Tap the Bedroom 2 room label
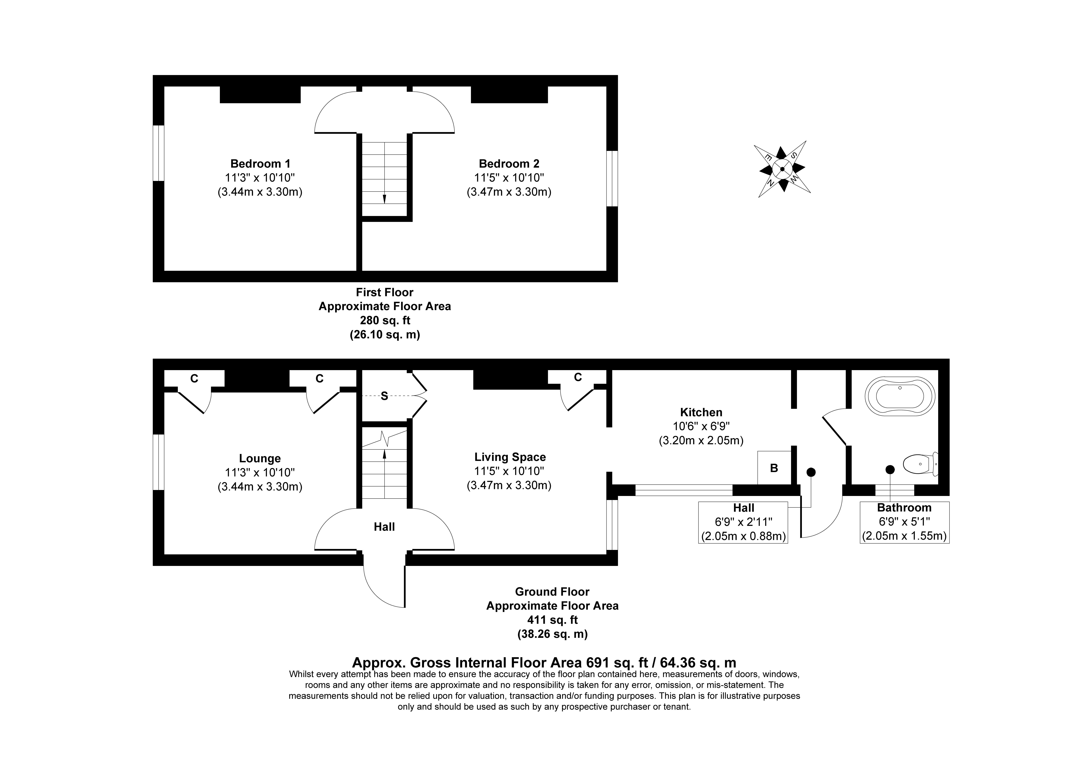[x=509, y=163]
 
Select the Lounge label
[x=260, y=458]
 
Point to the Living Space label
[x=510, y=457]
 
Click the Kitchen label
[x=701, y=412]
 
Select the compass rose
[x=782, y=169]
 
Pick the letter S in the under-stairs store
[x=384, y=396]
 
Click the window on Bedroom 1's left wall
[x=158, y=153]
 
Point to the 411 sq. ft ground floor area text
[x=553, y=620]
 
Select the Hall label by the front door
[x=384, y=527]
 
